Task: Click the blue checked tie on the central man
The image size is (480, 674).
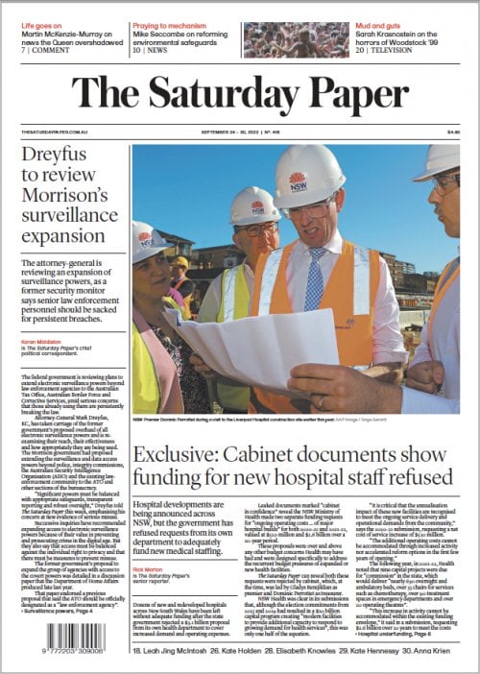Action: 315,277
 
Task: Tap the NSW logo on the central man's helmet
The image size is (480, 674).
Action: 298,180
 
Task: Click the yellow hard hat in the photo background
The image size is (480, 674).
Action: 180,261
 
